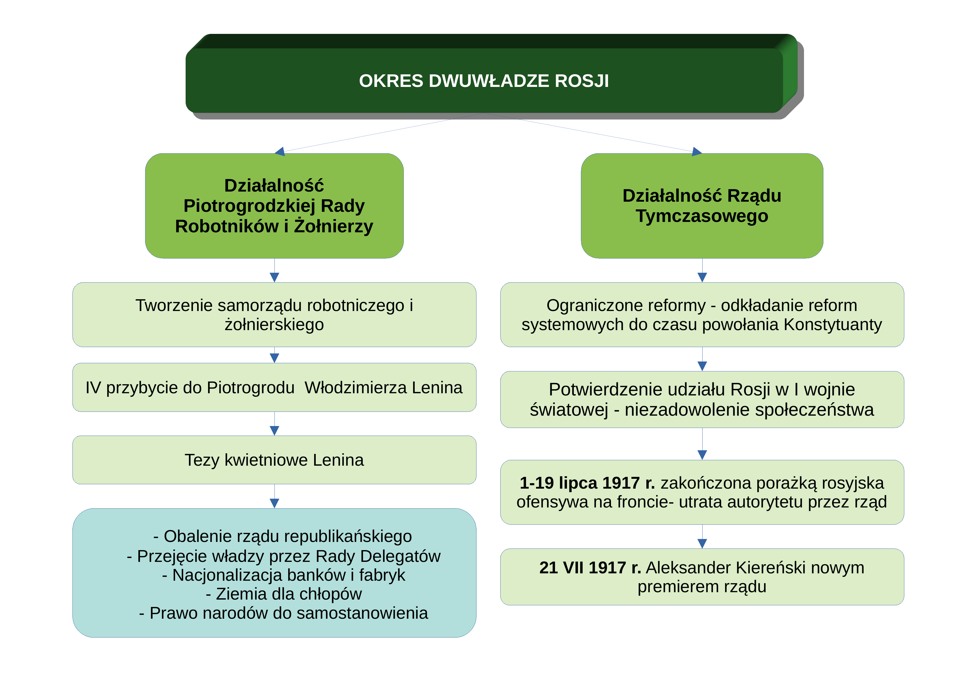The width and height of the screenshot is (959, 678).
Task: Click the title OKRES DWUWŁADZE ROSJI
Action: click(x=484, y=81)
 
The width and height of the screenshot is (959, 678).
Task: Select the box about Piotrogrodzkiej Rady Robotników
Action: click(x=274, y=206)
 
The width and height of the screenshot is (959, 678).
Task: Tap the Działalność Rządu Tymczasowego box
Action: click(x=702, y=206)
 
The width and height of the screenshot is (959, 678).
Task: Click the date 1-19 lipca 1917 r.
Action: click(x=587, y=483)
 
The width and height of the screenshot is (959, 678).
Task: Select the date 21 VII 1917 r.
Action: click(x=590, y=568)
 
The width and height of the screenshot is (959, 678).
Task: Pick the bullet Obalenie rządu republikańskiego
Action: click(x=283, y=536)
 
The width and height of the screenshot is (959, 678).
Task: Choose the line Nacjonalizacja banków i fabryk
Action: click(x=283, y=575)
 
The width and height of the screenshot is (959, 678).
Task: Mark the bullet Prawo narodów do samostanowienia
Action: click(x=283, y=613)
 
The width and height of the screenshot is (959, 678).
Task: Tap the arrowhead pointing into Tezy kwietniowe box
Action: click(x=274, y=430)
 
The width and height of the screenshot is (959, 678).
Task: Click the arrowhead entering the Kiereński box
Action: click(x=702, y=544)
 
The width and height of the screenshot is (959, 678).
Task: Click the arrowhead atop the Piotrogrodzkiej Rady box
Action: click(x=280, y=152)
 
